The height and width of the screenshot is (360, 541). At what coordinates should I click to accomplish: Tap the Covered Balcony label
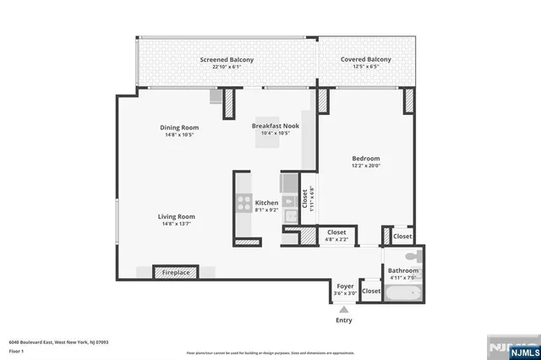366,59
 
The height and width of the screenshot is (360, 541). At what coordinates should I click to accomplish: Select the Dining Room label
178,128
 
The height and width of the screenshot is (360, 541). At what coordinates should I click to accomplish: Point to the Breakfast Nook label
276,125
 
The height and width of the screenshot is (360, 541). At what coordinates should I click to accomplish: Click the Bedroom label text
366,158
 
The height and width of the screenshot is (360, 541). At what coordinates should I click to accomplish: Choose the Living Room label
177,216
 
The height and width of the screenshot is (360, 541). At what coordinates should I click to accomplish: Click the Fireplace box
176,272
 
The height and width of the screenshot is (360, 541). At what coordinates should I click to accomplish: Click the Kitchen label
267,203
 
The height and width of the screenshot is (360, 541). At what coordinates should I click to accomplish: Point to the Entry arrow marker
343,311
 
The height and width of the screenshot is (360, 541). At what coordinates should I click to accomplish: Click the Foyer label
345,286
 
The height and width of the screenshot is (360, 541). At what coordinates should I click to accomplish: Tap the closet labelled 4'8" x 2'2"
336,232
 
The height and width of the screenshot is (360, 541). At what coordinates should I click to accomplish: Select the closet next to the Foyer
371,291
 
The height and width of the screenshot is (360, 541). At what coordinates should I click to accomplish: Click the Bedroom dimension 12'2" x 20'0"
366,166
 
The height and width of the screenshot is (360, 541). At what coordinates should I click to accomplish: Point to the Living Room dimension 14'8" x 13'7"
177,224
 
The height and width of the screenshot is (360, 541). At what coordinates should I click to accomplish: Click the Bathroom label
403,270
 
